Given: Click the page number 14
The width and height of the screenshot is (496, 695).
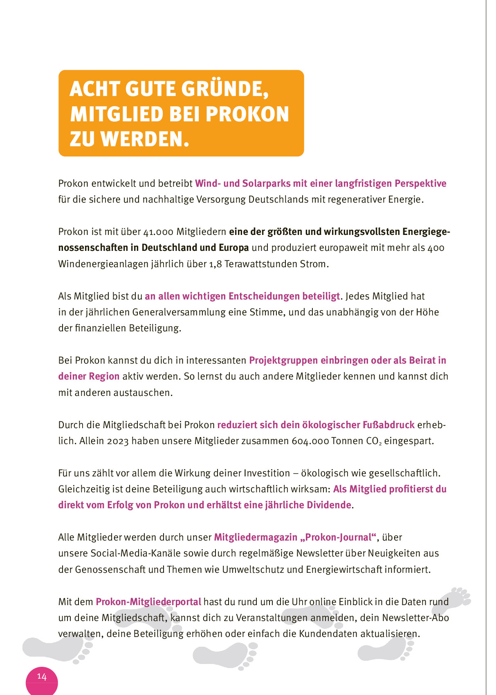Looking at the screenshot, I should (42, 676).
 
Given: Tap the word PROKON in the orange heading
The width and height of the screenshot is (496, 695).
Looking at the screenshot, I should (247, 114).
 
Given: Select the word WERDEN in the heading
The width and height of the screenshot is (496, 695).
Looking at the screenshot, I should (145, 139).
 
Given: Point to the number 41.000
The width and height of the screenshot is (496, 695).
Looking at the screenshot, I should (158, 232).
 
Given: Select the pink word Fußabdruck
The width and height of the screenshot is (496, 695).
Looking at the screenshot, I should (388, 425).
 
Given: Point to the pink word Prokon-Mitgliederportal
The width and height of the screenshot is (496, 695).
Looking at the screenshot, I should (148, 602).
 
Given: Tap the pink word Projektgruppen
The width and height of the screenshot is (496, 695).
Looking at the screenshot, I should (283, 360).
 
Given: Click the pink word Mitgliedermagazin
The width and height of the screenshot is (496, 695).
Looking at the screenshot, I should (255, 537).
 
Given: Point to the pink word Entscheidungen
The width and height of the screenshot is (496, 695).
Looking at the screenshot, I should (264, 296).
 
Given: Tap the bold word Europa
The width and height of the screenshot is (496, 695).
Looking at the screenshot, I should (233, 248).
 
